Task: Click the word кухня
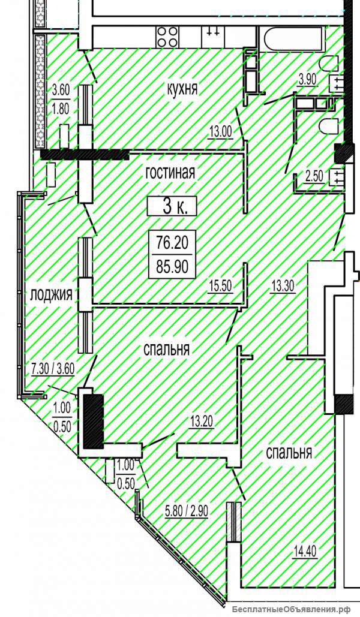click(181, 90)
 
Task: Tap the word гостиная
click(170, 173)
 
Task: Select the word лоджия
click(52, 294)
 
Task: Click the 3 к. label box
click(172, 206)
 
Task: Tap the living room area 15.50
click(221, 286)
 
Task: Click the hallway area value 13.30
click(283, 286)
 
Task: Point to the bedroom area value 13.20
click(201, 422)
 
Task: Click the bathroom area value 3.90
click(307, 80)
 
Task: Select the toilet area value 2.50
click(314, 176)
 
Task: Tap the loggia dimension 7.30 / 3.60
click(52, 369)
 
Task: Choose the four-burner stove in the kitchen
click(168, 37)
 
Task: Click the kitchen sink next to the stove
click(213, 37)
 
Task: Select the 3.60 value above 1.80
click(61, 91)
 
